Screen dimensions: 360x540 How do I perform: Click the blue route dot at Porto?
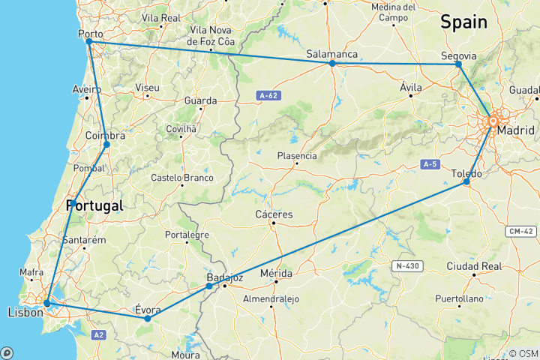point(88,42)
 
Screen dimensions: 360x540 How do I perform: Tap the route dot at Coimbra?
point(107,144)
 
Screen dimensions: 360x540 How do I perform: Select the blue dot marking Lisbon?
point(46,303)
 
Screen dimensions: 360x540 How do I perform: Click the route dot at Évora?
point(147,319)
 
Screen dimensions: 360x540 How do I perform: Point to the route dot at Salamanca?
point(331,63)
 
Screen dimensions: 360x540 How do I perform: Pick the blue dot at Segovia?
point(458,64)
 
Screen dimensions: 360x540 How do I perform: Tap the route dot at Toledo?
point(466,181)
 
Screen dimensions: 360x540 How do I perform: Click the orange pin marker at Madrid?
point(493,121)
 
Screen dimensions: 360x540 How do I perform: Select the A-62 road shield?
point(270,95)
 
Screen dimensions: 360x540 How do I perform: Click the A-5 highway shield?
point(429,163)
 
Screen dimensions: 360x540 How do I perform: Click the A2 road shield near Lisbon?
point(98,334)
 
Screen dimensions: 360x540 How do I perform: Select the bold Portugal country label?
point(94,205)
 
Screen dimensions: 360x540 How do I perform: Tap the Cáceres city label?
point(274,214)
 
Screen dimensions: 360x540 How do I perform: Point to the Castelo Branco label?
point(182,178)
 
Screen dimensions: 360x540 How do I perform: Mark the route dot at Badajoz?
point(209,286)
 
